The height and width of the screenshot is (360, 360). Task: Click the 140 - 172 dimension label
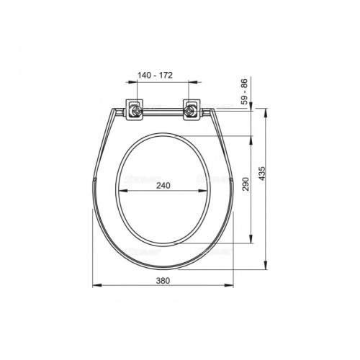155,76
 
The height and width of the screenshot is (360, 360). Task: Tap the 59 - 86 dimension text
244,91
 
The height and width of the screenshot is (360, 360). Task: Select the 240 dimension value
163,186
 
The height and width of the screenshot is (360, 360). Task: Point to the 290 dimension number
246,184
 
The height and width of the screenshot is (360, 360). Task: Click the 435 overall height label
263,174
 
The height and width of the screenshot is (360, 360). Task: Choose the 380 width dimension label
163,281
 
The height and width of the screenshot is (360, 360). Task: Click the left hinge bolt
137,111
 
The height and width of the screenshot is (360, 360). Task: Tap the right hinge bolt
189,111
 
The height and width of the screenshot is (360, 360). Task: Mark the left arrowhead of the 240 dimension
123,191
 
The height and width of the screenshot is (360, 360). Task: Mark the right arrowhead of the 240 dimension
203,191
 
